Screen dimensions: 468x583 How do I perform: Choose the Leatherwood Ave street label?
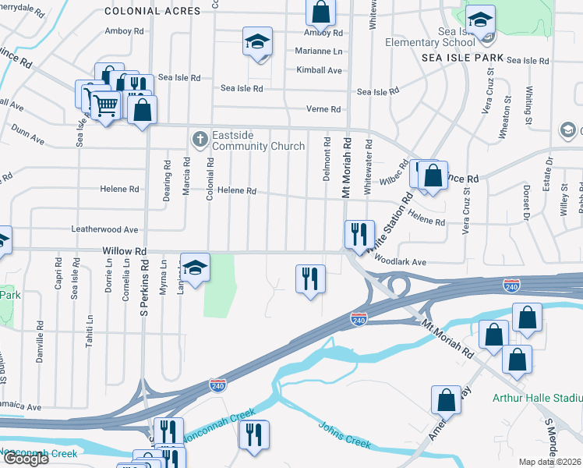(x=104, y=230)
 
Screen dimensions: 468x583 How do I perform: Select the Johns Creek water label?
(x=344, y=435)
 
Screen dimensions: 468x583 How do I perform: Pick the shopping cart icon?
(x=106, y=103)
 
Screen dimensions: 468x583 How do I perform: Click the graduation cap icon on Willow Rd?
(x=196, y=267)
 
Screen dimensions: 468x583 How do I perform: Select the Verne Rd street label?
(x=324, y=109)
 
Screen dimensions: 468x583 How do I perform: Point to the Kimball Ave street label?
(x=320, y=70)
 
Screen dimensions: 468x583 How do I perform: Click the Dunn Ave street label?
(x=28, y=137)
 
